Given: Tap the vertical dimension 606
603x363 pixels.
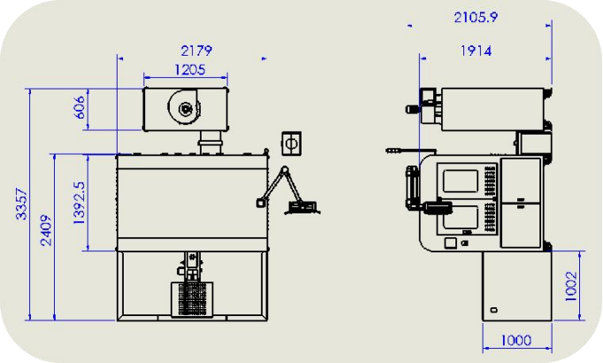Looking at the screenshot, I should (79, 108).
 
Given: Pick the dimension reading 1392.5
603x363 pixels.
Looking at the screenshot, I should (79, 203).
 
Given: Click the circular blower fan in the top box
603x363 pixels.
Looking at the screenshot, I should (186, 109).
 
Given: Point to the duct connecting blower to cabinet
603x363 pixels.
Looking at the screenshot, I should (210, 141).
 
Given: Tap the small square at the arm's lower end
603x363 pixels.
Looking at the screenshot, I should (260, 204).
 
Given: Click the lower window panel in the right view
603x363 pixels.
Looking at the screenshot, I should (459, 216).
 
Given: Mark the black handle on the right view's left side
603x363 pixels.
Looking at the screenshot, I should (409, 186).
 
